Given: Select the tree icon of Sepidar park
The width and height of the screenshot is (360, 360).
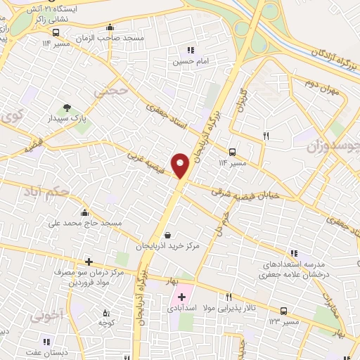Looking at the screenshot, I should pos(67,108).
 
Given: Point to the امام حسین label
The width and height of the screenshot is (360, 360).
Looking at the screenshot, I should pos(189,61).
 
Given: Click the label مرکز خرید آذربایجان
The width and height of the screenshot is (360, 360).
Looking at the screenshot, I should pos(172,247).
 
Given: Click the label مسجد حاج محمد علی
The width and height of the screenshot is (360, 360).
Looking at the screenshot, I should pos(84,224).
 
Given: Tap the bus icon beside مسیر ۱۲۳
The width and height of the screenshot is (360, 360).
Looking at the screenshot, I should pos(283,310).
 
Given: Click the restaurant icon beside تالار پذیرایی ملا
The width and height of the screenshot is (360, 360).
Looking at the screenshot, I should pos(229,297).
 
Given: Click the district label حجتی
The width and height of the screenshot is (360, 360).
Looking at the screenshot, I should pos(112,91).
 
